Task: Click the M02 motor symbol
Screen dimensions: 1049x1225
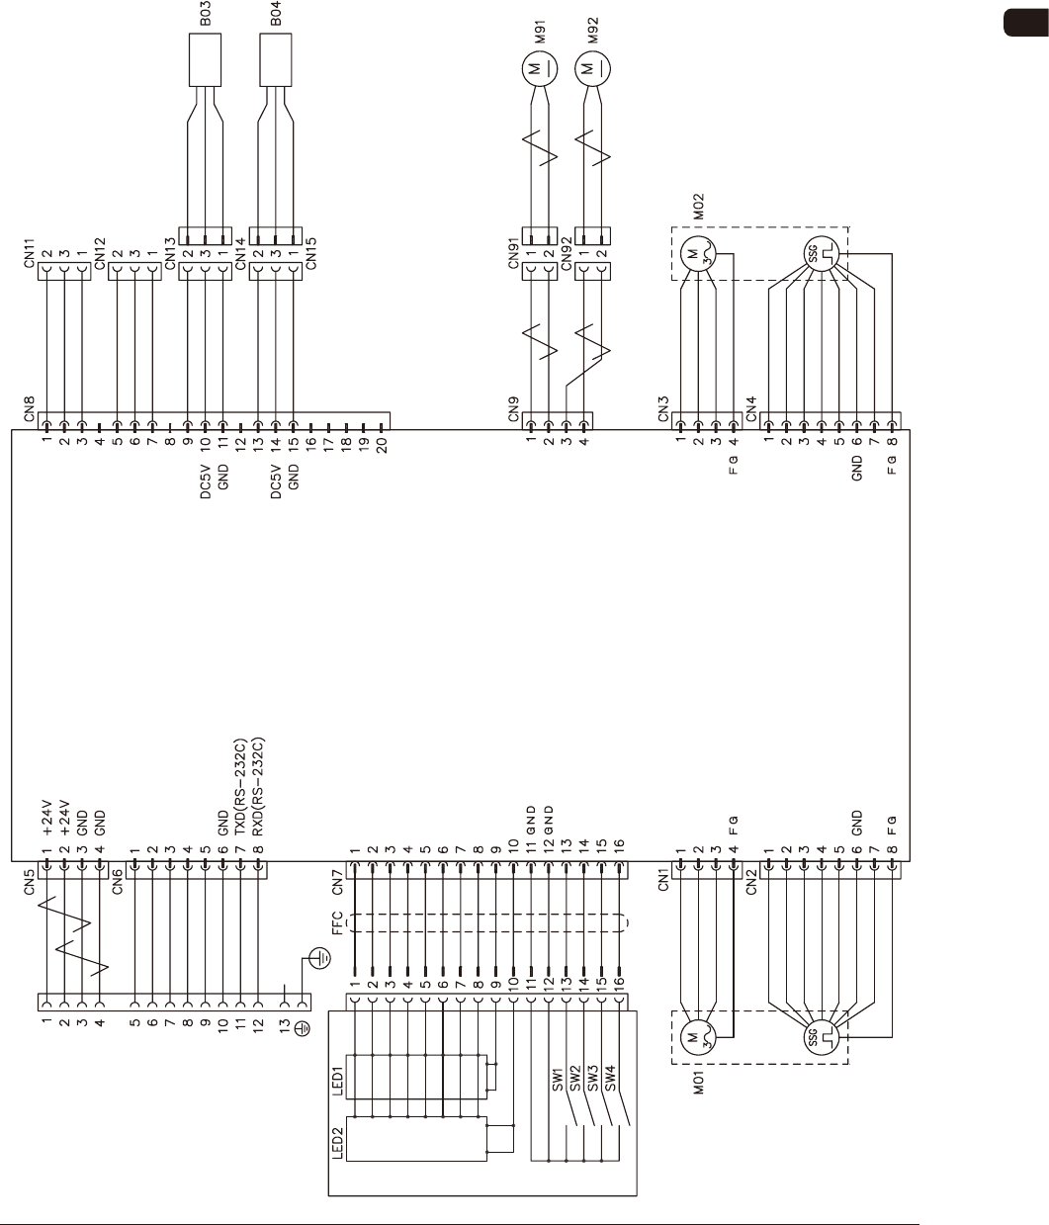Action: [x=696, y=254]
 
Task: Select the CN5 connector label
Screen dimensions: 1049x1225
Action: [x=30, y=882]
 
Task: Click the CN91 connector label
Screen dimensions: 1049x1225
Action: [x=513, y=254]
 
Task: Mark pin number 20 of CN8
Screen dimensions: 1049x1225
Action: [x=382, y=442]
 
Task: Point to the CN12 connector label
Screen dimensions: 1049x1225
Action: [x=101, y=254]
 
